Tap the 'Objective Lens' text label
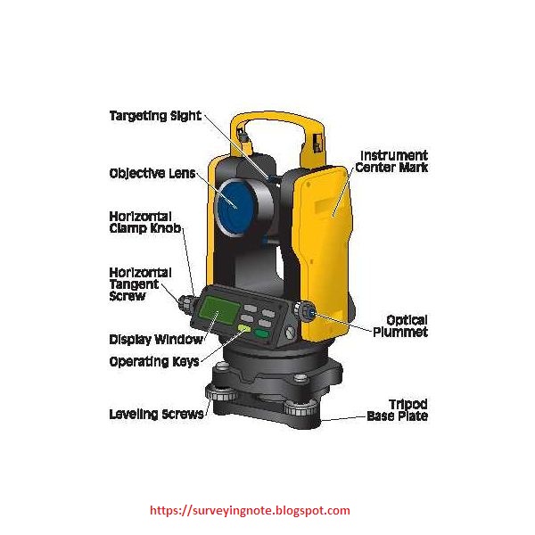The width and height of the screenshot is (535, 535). [150, 173]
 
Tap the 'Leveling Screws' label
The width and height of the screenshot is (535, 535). [149, 414]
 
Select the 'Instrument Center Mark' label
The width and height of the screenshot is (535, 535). [391, 161]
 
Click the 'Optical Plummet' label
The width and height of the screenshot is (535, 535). [406, 325]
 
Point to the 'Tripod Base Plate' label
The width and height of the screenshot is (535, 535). [397, 410]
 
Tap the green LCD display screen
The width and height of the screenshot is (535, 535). [218, 309]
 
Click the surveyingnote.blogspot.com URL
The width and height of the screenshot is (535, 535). [250, 511]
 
